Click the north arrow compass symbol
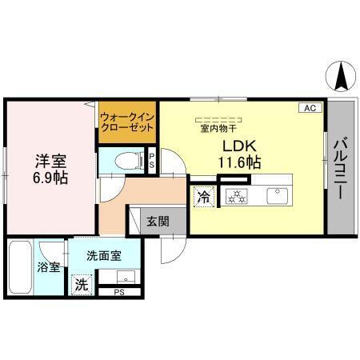tap(339, 75)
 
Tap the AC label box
tap(310, 107)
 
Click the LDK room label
tap(238, 146)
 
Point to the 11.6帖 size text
tap(239, 162)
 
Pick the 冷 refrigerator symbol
tap(203, 195)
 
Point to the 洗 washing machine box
tap(81, 283)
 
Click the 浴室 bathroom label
tap(48, 267)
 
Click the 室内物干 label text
tap(218, 127)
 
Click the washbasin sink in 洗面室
tap(126, 278)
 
